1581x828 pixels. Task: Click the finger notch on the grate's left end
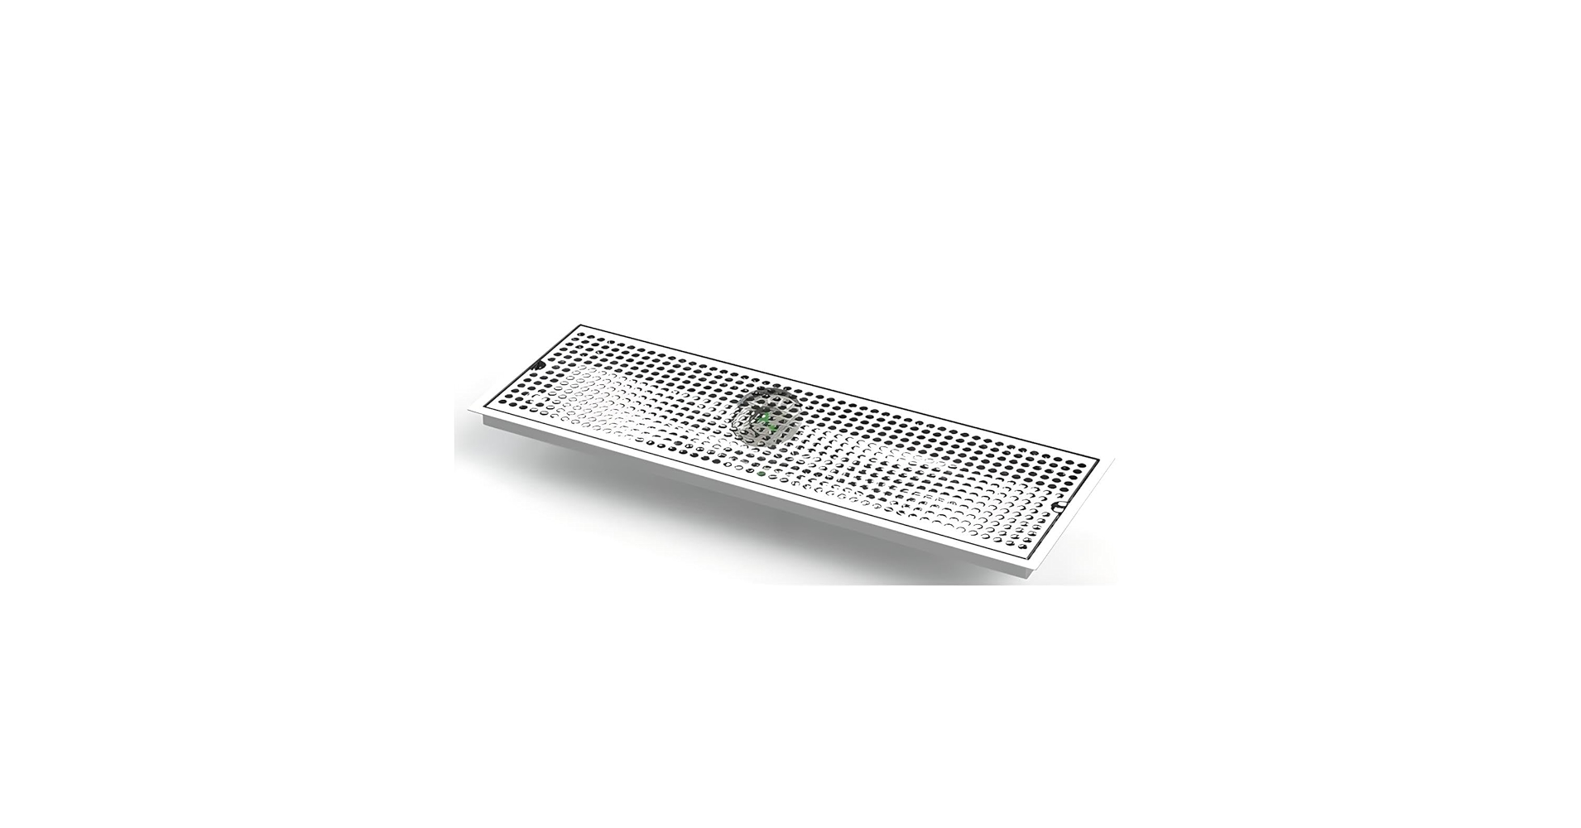point(539,364)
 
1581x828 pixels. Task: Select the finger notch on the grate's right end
point(1057,503)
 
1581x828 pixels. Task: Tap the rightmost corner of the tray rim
point(1113,460)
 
